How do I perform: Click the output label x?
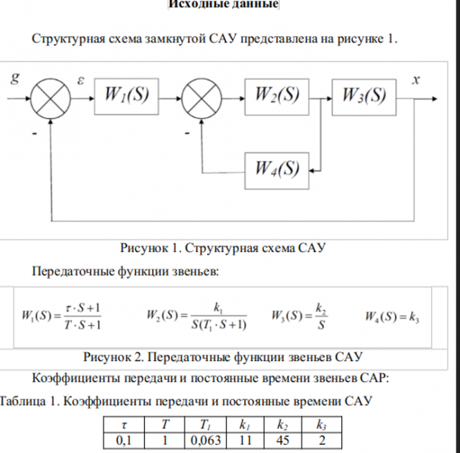tap(415, 78)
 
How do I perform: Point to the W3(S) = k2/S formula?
tap(299, 317)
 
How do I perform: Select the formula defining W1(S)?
tap(62, 317)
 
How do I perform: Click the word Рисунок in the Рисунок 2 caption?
tap(108, 357)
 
